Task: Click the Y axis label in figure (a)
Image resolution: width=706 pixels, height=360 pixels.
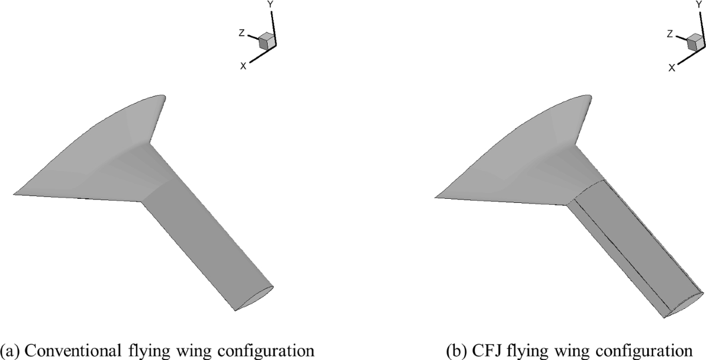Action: pyautogui.click(x=271, y=4)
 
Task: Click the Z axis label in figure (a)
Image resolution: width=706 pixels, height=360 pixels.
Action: pyautogui.click(x=241, y=34)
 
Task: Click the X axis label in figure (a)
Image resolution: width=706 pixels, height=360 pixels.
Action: pyautogui.click(x=243, y=66)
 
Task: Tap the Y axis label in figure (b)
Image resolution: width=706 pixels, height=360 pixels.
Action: pyautogui.click(x=699, y=4)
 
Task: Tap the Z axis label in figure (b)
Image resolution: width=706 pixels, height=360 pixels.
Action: pyautogui.click(x=670, y=34)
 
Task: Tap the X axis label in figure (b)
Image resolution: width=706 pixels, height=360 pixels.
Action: pyautogui.click(x=671, y=67)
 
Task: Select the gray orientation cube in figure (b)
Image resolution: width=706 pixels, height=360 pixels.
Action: pyautogui.click(x=695, y=41)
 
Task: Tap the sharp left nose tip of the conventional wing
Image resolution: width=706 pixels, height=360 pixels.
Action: pyautogui.click(x=15, y=193)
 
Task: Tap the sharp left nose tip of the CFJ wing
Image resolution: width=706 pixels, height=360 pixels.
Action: pyautogui.click(x=435, y=195)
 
